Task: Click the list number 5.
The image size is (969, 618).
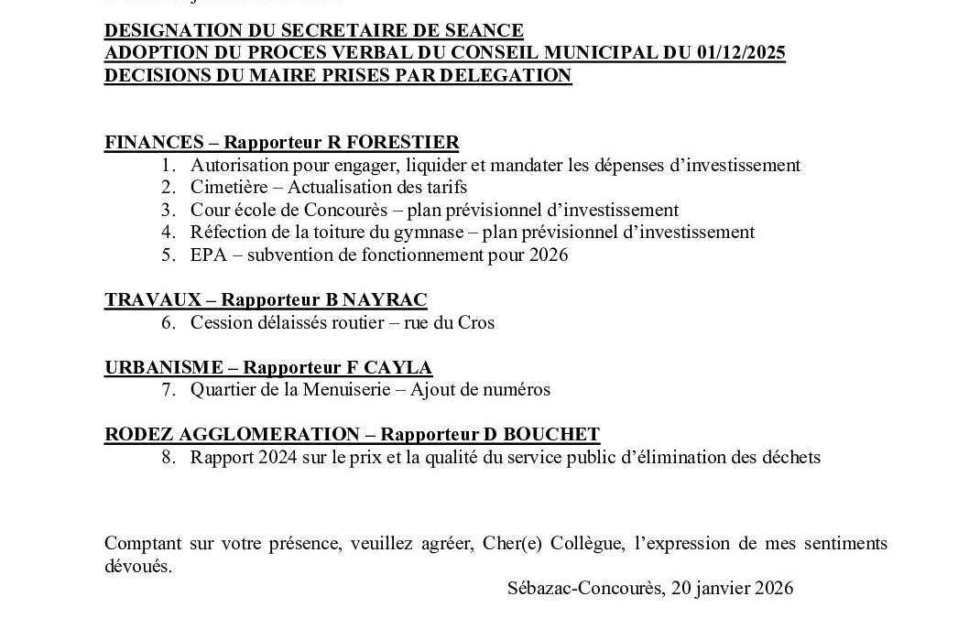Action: point(168,255)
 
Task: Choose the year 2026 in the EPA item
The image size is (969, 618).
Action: point(549,255)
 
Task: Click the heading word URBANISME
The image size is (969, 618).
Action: point(164,368)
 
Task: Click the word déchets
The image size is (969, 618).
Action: point(791,458)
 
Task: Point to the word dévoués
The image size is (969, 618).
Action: point(137,567)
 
